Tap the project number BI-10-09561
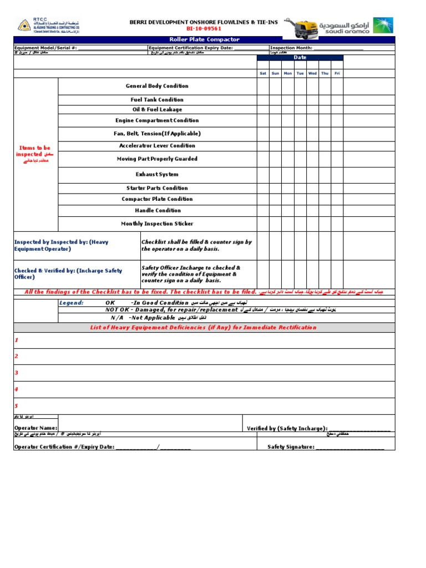(204, 28)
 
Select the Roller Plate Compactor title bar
(204, 40)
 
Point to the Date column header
(300, 58)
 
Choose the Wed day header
(312, 73)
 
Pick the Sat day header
(263, 73)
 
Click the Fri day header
(337, 73)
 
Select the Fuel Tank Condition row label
(157, 100)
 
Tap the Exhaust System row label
(157, 174)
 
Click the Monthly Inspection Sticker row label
(157, 224)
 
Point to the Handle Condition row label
(158, 211)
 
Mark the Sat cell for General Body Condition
(263, 86)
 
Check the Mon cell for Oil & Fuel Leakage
(287, 110)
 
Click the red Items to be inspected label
(34, 151)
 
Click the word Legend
(72, 303)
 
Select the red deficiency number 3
(17, 373)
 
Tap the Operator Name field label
(35, 428)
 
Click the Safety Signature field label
(291, 447)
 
